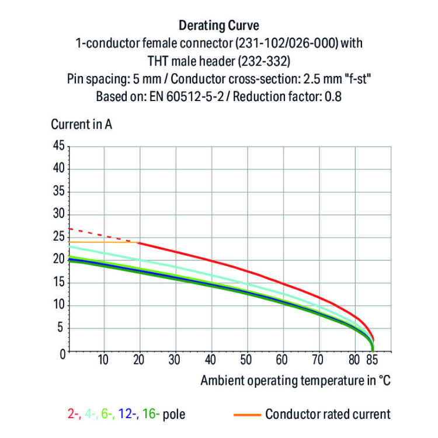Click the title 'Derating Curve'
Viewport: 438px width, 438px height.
coord(218,26)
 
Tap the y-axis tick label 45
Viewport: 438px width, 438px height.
coord(58,146)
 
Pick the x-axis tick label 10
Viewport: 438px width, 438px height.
coord(103,360)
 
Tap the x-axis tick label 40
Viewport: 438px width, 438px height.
coord(211,360)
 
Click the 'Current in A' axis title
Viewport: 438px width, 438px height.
coord(82,124)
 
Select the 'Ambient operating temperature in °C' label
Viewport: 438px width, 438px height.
coord(296,381)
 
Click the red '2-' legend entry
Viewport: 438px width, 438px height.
coord(74,415)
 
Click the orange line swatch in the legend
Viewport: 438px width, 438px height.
coord(246,415)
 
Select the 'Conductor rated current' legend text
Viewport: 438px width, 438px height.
coord(328,415)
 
